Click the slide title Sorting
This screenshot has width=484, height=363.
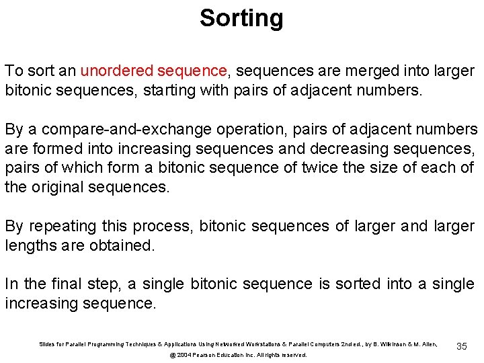pos(241,18)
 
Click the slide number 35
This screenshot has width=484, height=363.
pos(461,346)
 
